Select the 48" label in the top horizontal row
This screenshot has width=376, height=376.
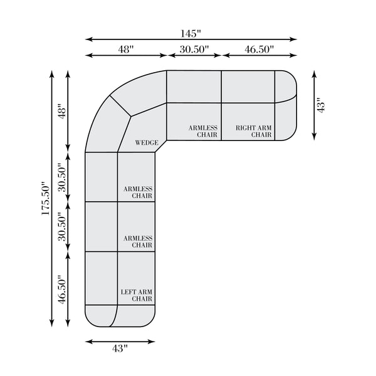[x=126, y=48]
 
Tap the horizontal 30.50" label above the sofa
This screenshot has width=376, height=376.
[x=194, y=48]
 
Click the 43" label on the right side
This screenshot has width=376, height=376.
[x=321, y=105]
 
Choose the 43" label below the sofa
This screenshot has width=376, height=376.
[x=120, y=348]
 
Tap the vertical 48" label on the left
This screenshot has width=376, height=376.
[x=61, y=112]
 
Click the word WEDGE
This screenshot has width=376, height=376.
[x=147, y=142]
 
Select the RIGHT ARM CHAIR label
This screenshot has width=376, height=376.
[x=253, y=131]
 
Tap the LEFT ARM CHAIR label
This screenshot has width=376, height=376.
[x=137, y=295]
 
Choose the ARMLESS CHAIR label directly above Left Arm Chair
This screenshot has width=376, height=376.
[x=138, y=242]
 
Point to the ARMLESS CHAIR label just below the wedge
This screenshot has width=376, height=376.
[x=138, y=192]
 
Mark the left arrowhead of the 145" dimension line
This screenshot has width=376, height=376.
[x=88, y=39]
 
